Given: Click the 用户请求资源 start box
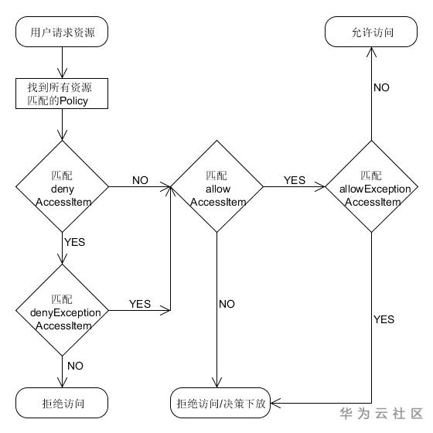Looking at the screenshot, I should [x=62, y=33].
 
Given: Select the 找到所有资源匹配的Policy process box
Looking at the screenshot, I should [x=62, y=94].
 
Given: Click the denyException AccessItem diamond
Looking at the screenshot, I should [x=62, y=311].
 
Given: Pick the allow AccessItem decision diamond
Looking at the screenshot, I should [x=217, y=187].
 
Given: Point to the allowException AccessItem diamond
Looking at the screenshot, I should [x=373, y=187].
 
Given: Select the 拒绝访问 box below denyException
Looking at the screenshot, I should [x=62, y=404].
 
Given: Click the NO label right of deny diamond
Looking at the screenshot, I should [x=140, y=180].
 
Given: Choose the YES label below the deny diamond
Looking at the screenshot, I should [x=74, y=242].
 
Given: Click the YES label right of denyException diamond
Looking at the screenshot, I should [x=140, y=304].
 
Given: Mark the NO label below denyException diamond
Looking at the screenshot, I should [x=76, y=365].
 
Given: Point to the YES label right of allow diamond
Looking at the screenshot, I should [x=295, y=180].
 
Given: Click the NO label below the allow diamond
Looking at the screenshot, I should [x=227, y=304].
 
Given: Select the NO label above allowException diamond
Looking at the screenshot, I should [x=381, y=87].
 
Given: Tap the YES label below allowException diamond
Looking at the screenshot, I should [x=384, y=319].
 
